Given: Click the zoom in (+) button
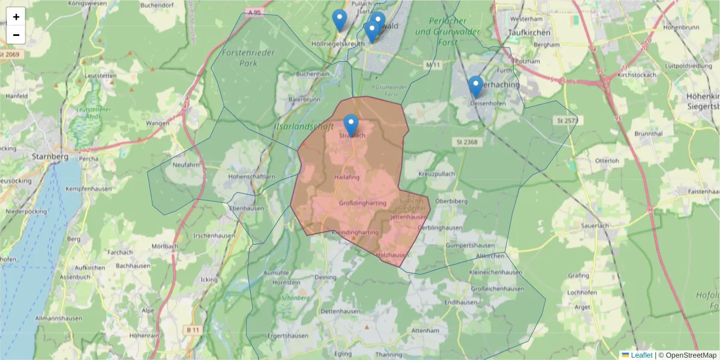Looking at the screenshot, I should pyautogui.click(x=16, y=17).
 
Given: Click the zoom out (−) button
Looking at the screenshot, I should pyautogui.click(x=16, y=35).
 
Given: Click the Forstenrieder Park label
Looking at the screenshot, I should pyautogui.click(x=248, y=58).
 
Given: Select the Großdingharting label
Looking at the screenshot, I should pyautogui.click(x=363, y=203).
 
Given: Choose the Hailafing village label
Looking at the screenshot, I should pyautogui.click(x=346, y=177).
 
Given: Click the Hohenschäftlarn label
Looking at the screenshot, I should pyautogui.click(x=253, y=177).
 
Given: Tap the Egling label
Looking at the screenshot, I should pyautogui.click(x=344, y=354).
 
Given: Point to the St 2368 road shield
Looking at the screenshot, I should pyautogui.click(x=466, y=142).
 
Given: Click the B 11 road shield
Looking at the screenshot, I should pyautogui.click(x=193, y=330).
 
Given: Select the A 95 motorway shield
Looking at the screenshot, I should pyautogui.click(x=254, y=11).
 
